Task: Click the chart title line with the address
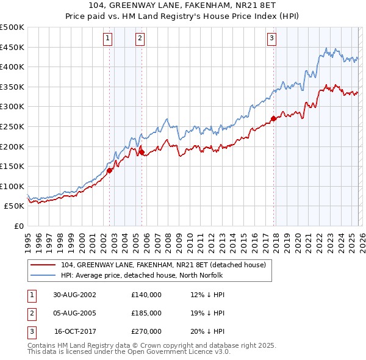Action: point(182,6)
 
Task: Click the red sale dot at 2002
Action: point(110,171)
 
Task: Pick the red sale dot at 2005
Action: point(142,153)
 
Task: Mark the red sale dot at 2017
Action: point(273,119)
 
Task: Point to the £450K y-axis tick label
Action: point(12,47)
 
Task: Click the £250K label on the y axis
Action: point(12,126)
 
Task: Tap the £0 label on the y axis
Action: point(18,226)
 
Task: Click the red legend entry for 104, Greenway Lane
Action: point(163,265)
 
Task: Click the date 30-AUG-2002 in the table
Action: point(74,295)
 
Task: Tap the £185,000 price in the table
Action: point(146,313)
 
